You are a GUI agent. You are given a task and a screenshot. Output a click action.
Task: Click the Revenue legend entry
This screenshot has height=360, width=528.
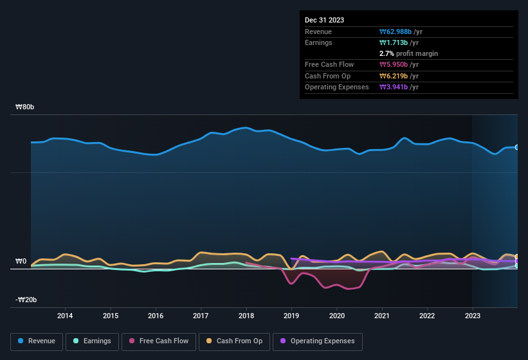pyautogui.click(x=37, y=341)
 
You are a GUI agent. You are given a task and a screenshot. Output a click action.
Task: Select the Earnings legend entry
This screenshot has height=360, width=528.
pyautogui.click(x=92, y=341)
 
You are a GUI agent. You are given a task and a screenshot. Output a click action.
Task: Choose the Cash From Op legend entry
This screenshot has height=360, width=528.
pyautogui.click(x=235, y=341)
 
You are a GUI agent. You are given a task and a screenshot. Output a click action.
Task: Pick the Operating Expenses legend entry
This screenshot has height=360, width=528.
pyautogui.click(x=318, y=341)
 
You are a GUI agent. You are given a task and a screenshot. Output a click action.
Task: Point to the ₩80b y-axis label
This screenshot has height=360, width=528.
pyautogui.click(x=25, y=107)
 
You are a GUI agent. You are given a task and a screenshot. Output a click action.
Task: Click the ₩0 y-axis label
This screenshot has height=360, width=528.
pyautogui.click(x=21, y=262)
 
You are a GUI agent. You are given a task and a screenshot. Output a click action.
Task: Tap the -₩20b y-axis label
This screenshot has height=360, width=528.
pyautogui.click(x=26, y=300)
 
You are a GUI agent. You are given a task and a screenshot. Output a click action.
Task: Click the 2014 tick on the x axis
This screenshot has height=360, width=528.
pyautogui.click(x=65, y=316)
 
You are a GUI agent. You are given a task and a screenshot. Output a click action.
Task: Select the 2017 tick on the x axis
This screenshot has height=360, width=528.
pyautogui.click(x=201, y=316)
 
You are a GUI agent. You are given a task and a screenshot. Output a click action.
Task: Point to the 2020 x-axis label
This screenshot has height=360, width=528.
pyautogui.click(x=336, y=316)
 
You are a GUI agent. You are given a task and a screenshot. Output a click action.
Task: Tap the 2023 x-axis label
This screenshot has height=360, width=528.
pyautogui.click(x=472, y=316)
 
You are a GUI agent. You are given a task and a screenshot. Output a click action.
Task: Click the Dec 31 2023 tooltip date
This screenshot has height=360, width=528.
pyautogui.click(x=324, y=20)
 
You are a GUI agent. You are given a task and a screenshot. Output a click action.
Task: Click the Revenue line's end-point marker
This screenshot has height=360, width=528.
pyautogui.click(x=517, y=147)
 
